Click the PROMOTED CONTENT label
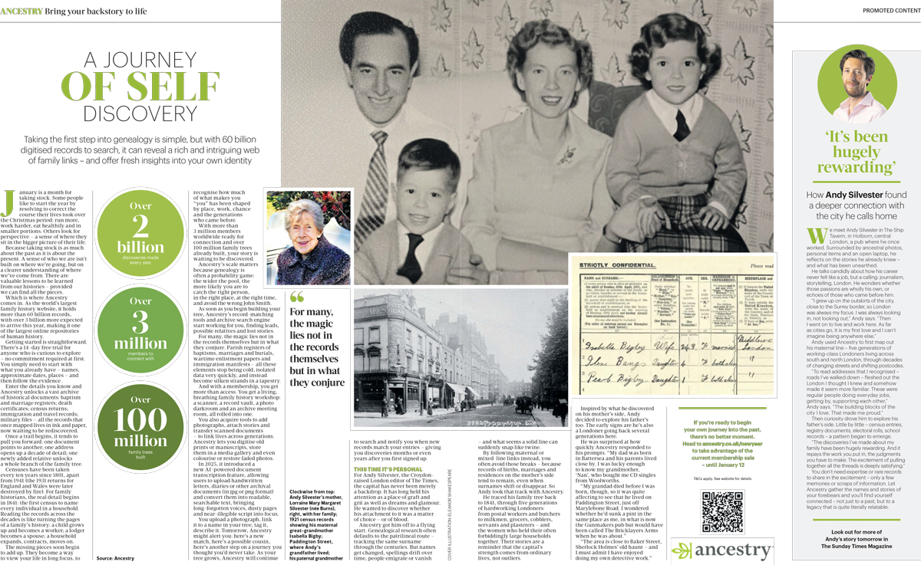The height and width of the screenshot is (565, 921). pyautogui.click(x=890, y=10)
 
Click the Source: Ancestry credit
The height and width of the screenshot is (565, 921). pyautogui.click(x=115, y=558)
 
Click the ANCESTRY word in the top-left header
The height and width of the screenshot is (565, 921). pyautogui.click(x=21, y=9)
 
